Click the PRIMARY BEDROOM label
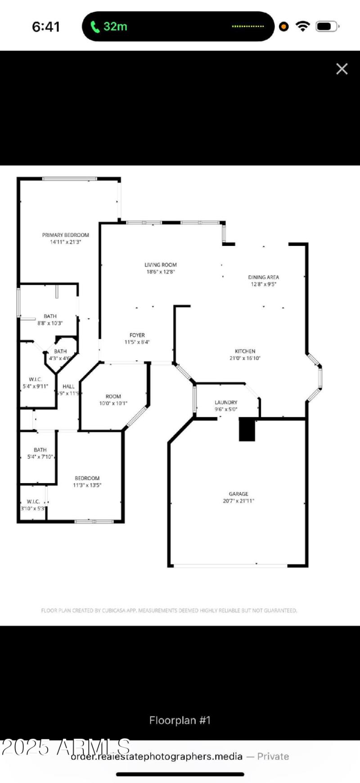pos(66,235)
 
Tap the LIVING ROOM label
pos(161,265)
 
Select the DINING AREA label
pos(263,277)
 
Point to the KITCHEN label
pos(245,351)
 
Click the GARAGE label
pos(238,493)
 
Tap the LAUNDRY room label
pos(226,402)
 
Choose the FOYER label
pos(137,335)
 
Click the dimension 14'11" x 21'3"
pos(66,242)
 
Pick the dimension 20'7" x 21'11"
pos(238,501)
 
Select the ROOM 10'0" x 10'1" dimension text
pos(113,403)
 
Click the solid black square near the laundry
pos(247,429)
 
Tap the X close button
pos(342,68)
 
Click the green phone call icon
pos(95,27)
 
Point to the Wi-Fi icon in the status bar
pos(303,26)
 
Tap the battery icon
pos(326,27)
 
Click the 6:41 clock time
pos(46,27)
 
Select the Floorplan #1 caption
pos(180,720)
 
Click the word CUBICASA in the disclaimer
pos(114,611)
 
